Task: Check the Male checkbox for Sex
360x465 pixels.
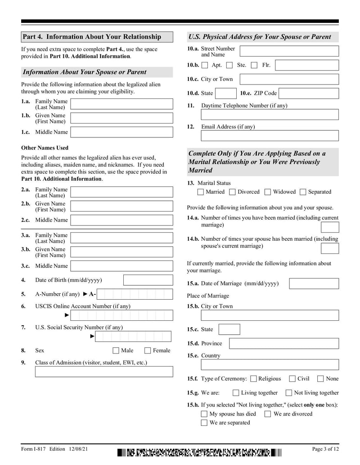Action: coord(116,350)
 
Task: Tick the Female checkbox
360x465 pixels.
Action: coord(148,350)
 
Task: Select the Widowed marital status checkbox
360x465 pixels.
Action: coord(268,192)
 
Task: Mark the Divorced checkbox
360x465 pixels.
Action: coord(232,192)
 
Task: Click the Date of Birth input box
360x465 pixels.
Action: coord(148,280)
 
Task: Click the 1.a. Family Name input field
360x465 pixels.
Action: coord(121,104)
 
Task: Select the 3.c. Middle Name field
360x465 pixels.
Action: coord(121,266)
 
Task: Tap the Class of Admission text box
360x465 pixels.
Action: coord(103,372)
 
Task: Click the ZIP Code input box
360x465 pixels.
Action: coord(309,93)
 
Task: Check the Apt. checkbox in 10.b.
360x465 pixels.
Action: coord(205,66)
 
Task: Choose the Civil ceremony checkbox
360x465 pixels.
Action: coord(292,379)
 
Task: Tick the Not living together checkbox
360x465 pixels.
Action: coord(289,393)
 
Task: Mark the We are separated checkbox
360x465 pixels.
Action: coord(204,423)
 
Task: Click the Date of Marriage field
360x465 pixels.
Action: coord(314,283)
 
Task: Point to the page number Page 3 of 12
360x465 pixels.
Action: coord(325,449)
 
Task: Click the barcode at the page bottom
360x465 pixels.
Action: coord(200,452)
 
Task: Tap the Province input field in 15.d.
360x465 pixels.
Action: coord(283,344)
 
